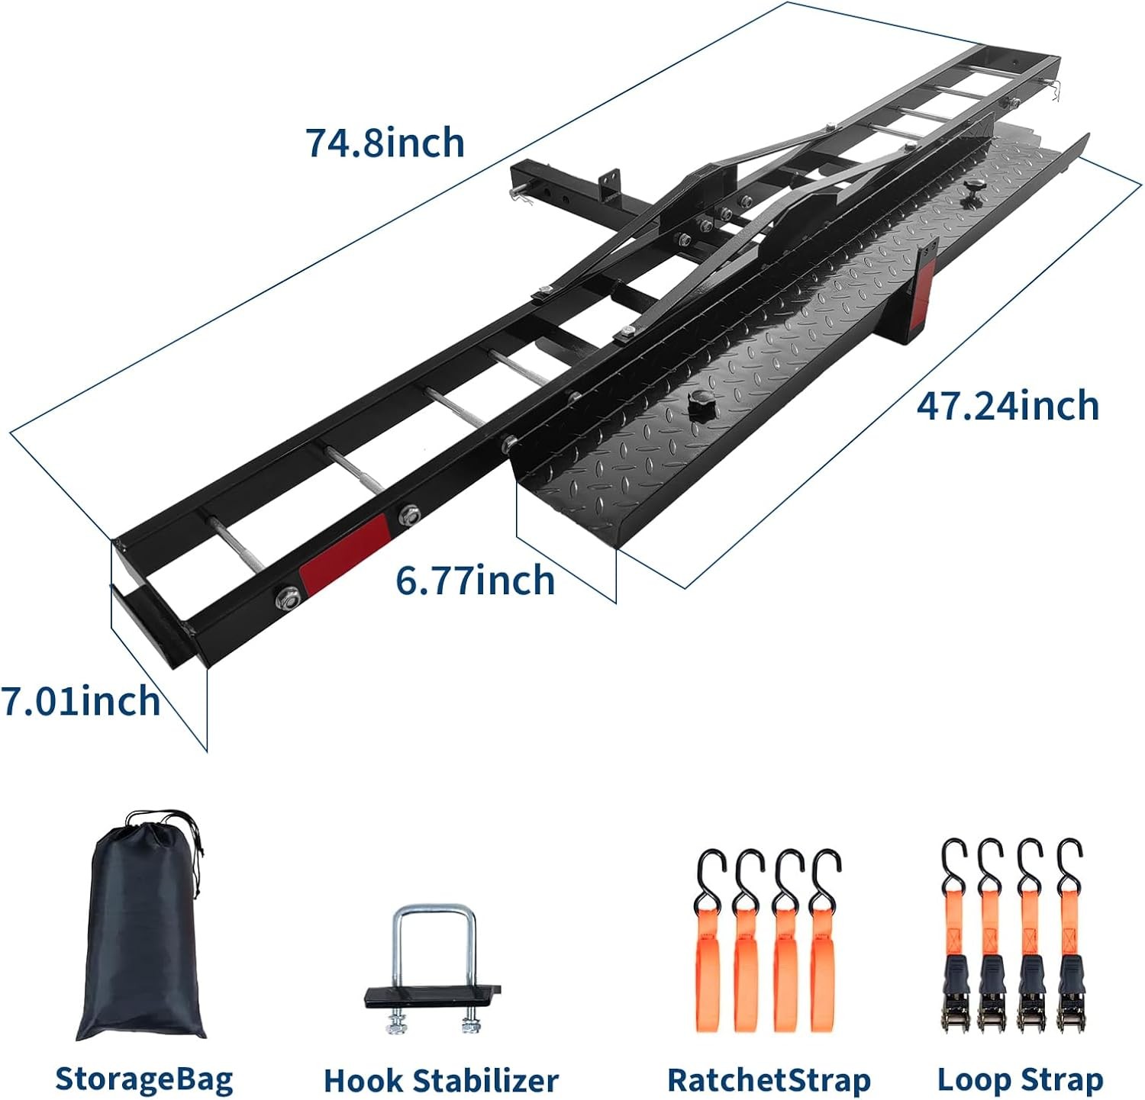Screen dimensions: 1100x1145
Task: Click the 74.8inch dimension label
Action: [x=385, y=143]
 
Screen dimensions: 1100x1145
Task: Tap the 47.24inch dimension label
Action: [x=1008, y=405]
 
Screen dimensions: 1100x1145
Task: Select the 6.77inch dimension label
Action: [x=475, y=581]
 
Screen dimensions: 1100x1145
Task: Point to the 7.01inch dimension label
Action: [x=80, y=701]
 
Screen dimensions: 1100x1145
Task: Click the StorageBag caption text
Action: [x=144, y=1079]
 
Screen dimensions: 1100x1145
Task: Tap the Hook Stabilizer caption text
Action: [x=440, y=1081]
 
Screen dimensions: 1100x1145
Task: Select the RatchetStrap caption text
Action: [x=769, y=1080]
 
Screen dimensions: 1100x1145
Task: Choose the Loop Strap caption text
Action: [x=1020, y=1079]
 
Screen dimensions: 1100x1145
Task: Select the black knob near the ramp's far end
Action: [x=975, y=188]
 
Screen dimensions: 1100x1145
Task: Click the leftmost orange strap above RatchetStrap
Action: [x=708, y=961]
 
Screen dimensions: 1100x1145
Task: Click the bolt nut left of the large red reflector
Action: [x=289, y=598]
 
